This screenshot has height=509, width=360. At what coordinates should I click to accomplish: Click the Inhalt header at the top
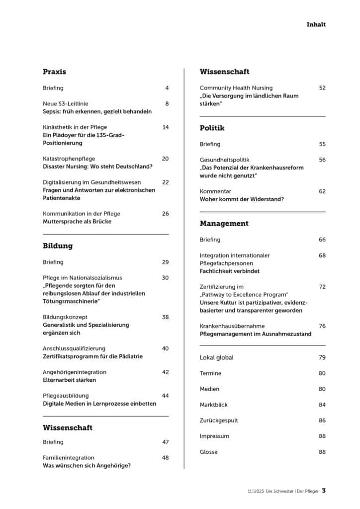[316, 24]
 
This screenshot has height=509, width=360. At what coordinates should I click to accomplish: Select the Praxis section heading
[54, 72]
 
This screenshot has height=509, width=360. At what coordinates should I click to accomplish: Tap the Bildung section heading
[58, 246]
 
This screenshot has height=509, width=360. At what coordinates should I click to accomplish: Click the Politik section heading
[212, 128]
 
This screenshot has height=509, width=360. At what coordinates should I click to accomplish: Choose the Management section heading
[224, 223]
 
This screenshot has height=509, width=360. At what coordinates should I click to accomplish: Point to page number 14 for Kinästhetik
[165, 127]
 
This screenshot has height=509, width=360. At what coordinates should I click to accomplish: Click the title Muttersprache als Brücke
[77, 222]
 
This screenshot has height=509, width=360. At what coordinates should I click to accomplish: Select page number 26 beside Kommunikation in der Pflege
[165, 214]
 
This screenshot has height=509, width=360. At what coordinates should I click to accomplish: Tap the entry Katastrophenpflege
[69, 159]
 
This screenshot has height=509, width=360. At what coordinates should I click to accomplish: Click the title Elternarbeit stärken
[70, 380]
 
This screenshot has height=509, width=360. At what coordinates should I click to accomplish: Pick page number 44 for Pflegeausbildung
[165, 396]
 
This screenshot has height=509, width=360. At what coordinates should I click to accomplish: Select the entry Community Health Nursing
[236, 88]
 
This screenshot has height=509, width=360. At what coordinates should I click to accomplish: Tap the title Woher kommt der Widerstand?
[242, 199]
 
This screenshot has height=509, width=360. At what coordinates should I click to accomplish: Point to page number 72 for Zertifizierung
[322, 287]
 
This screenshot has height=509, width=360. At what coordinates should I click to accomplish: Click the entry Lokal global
[216, 357]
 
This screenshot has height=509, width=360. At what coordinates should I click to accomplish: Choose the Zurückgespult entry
[219, 421]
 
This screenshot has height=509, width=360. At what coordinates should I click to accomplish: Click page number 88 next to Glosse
[322, 452]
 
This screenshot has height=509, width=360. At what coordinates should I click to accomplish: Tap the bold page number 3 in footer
[324, 491]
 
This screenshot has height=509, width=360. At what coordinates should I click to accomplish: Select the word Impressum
[214, 436]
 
